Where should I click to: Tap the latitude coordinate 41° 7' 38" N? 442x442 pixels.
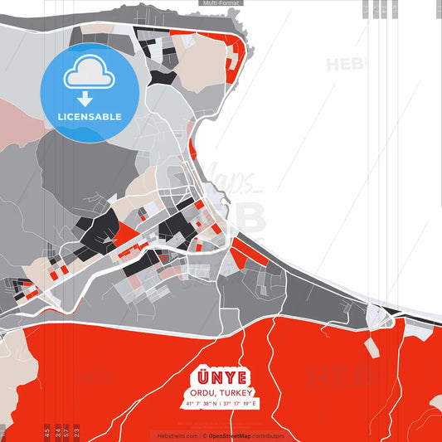(200, 403)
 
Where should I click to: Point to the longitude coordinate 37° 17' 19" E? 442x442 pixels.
(241, 403)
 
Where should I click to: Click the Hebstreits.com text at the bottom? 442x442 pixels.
(176, 435)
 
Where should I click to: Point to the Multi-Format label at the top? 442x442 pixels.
(221, 3)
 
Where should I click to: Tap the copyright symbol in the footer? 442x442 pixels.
(204, 435)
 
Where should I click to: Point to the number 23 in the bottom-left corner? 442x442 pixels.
(77, 432)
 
